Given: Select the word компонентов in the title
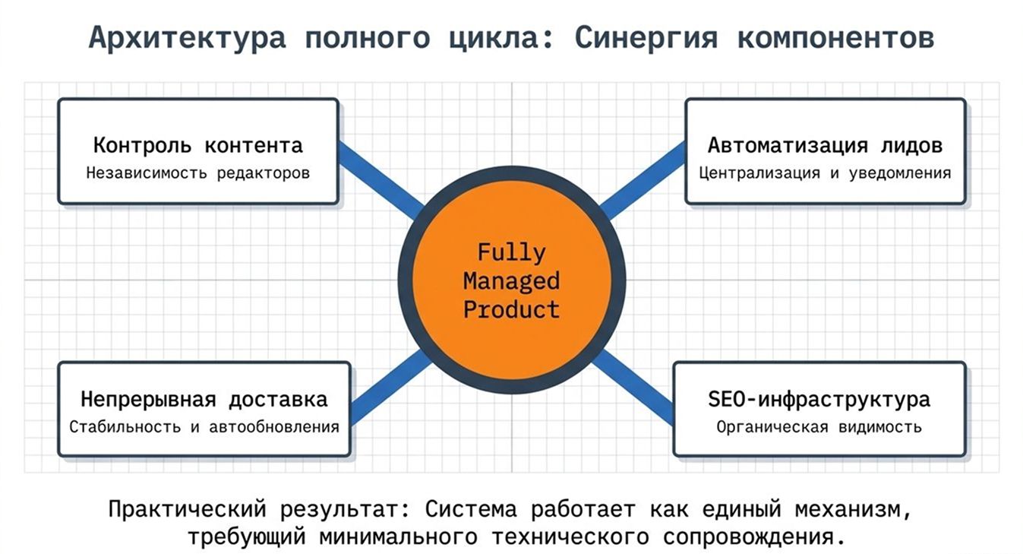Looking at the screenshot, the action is click(x=835, y=37).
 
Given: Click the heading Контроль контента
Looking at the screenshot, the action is click(x=197, y=146).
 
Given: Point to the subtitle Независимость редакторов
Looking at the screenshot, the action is click(x=197, y=173).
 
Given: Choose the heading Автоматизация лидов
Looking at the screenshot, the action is click(x=825, y=146).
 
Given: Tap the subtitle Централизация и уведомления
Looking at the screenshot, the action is click(x=825, y=173).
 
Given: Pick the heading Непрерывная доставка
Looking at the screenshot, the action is click(x=204, y=400).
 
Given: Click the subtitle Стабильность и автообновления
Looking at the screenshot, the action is click(x=204, y=427).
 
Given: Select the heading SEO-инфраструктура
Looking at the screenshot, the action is click(x=819, y=400).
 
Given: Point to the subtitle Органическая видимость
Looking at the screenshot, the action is click(x=819, y=427).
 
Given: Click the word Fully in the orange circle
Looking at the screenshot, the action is click(x=512, y=253).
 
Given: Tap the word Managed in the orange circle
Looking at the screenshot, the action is click(x=512, y=281).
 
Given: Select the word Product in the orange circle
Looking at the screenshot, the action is click(x=512, y=309).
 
